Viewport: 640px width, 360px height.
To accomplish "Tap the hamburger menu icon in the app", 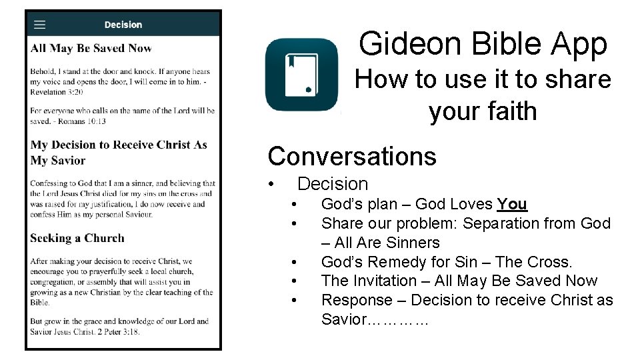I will pos(40,25).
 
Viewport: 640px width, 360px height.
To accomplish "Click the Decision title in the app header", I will pos(123,25).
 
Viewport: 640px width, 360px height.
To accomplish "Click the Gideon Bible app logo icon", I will pos(302,75).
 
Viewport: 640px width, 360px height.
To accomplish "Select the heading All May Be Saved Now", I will pos(91,48).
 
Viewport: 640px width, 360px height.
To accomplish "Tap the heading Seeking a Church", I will pos(77,238).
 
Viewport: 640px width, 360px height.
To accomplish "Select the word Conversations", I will pos(352,156).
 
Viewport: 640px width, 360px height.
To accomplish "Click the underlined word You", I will pos(512,204).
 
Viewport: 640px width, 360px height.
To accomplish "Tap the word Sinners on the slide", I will pos(411,243).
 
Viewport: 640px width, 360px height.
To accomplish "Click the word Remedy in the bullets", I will pos(411,262).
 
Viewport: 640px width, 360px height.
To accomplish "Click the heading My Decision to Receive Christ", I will pos(119,152).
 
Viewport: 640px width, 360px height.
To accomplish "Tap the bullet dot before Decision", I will pos(271,184).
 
